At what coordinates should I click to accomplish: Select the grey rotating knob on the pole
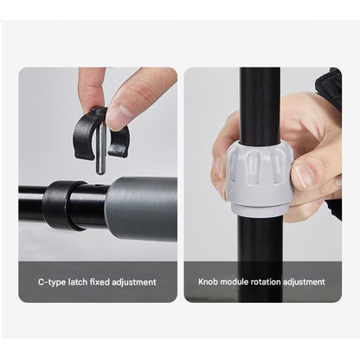tap(259, 177)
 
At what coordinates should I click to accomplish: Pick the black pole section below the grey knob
tap(259, 258)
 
